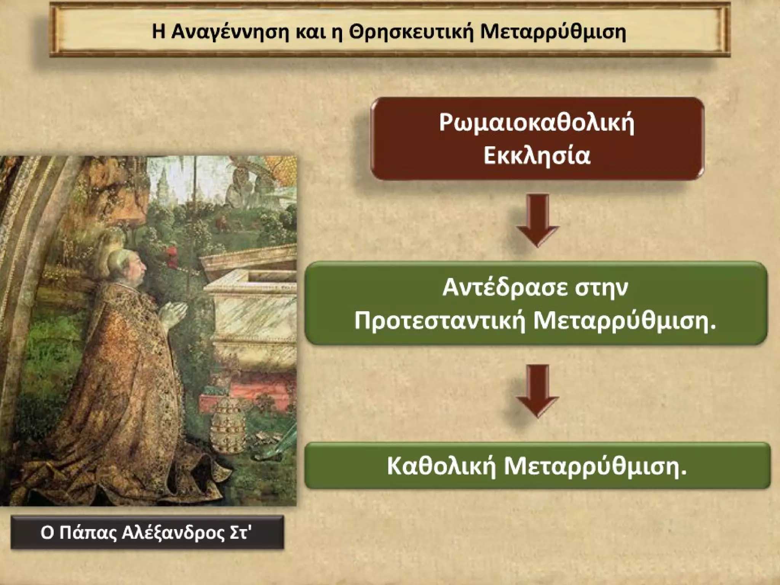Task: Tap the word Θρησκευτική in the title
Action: (x=411, y=32)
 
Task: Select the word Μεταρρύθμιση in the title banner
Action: (x=553, y=32)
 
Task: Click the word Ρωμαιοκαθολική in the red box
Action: (x=537, y=123)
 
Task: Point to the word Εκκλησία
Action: (x=537, y=155)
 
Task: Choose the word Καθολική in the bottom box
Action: (x=442, y=466)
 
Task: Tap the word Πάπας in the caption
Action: (x=88, y=533)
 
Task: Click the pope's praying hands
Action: (x=173, y=310)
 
